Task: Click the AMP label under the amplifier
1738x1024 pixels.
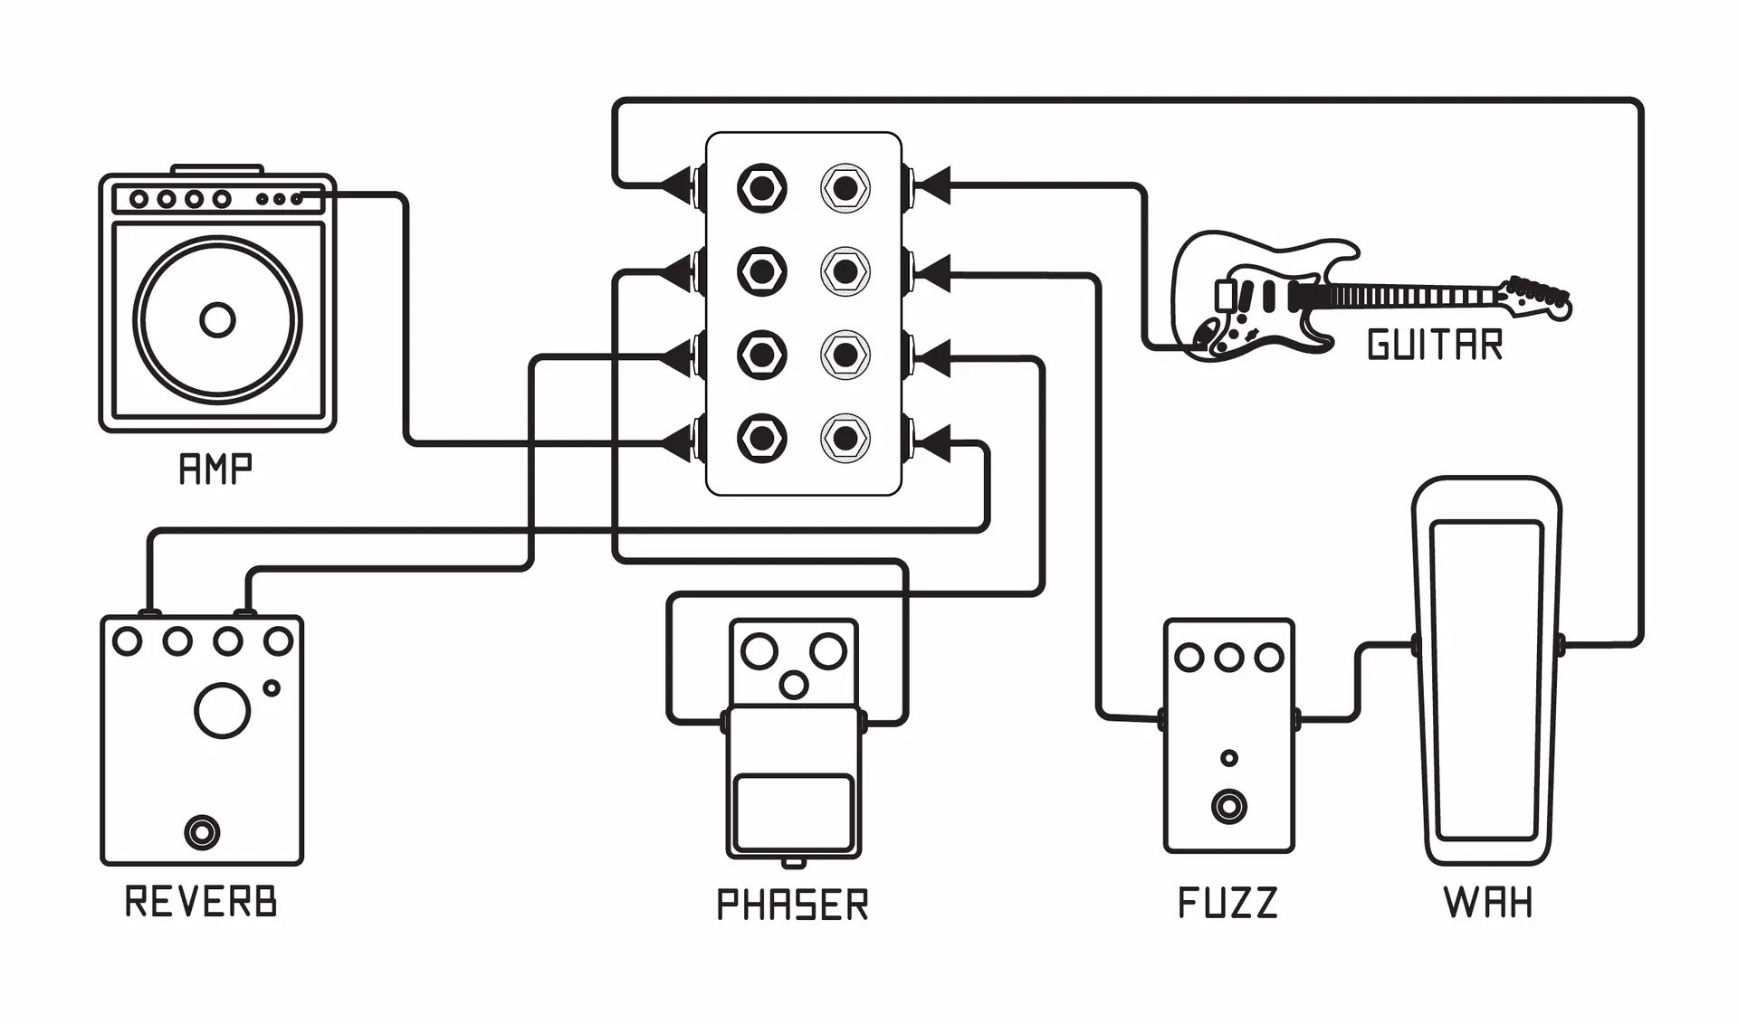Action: click(x=215, y=469)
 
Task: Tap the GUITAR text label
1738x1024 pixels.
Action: click(x=1435, y=345)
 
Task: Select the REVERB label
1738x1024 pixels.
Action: click(x=201, y=901)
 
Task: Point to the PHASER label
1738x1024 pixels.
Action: click(x=792, y=905)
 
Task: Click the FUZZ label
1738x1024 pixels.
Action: click(x=1227, y=903)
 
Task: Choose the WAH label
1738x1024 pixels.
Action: click(x=1488, y=903)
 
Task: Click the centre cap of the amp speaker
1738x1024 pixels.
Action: click(x=217, y=320)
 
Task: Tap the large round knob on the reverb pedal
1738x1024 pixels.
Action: click(x=222, y=711)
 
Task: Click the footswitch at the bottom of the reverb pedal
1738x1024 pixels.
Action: click(x=202, y=832)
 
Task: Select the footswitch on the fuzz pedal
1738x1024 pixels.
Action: click(x=1229, y=806)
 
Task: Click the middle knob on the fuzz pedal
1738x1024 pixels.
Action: click(x=1228, y=658)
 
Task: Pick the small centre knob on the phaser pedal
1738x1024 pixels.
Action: click(x=794, y=685)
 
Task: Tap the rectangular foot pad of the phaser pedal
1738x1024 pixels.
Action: click(x=794, y=811)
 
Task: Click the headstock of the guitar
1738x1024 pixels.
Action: click(x=1536, y=297)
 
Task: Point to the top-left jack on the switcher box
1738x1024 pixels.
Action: click(x=762, y=189)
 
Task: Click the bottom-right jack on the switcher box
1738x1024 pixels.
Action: click(x=845, y=439)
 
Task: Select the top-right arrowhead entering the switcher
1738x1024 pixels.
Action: click(x=932, y=186)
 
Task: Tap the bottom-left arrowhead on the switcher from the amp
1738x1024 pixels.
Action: click(x=679, y=443)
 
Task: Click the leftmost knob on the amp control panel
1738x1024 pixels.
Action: click(x=139, y=199)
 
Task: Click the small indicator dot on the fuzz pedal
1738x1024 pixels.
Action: click(x=1229, y=758)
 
